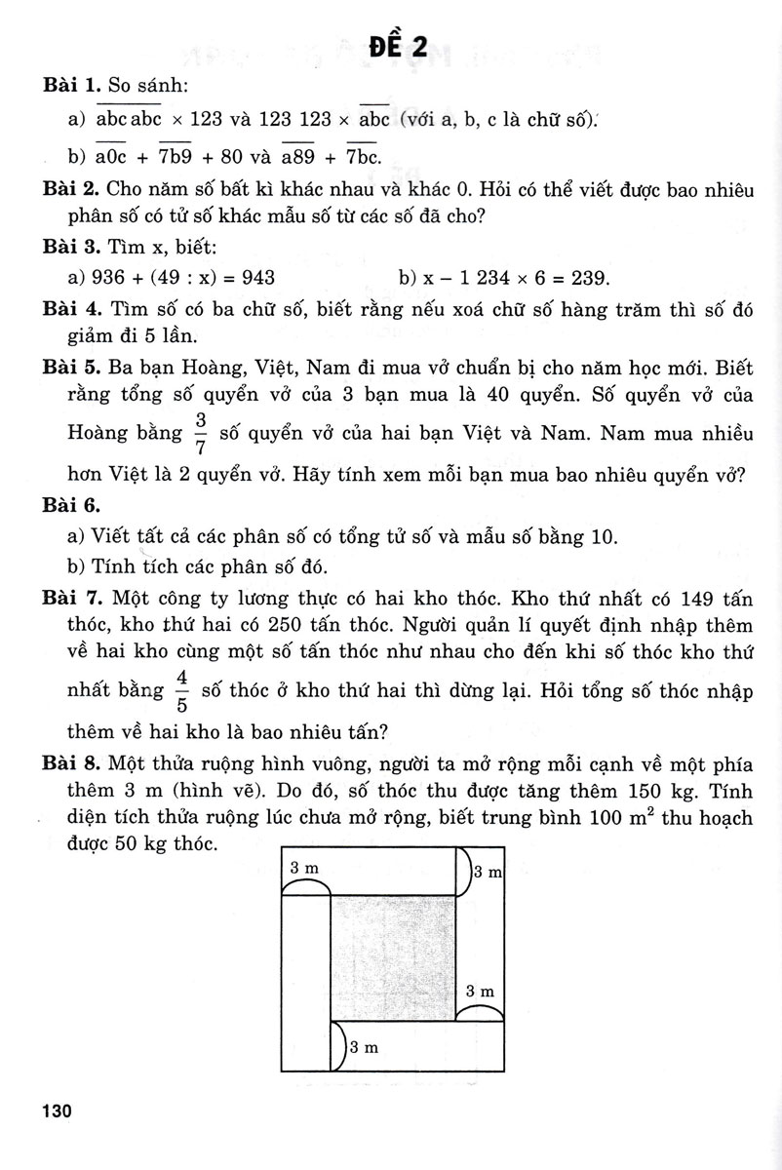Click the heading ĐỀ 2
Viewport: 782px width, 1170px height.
(400, 45)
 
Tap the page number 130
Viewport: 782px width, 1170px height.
(56, 1139)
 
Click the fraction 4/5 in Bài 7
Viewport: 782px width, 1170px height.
(180, 690)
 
